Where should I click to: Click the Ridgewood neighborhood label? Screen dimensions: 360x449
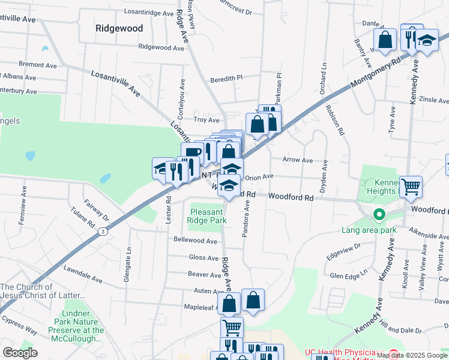(x=119, y=28)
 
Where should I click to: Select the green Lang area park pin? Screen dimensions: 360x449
(x=379, y=214)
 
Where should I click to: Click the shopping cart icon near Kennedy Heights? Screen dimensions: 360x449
(x=411, y=187)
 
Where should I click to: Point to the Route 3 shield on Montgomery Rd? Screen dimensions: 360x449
(x=104, y=231)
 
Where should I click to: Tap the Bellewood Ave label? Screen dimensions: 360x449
(x=195, y=241)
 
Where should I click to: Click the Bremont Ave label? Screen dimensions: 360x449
(x=37, y=64)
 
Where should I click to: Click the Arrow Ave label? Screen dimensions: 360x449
(x=298, y=160)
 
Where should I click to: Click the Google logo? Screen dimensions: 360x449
(x=20, y=353)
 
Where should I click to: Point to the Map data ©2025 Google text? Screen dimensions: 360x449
(x=412, y=355)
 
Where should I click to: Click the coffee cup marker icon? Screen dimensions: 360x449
(x=191, y=153)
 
